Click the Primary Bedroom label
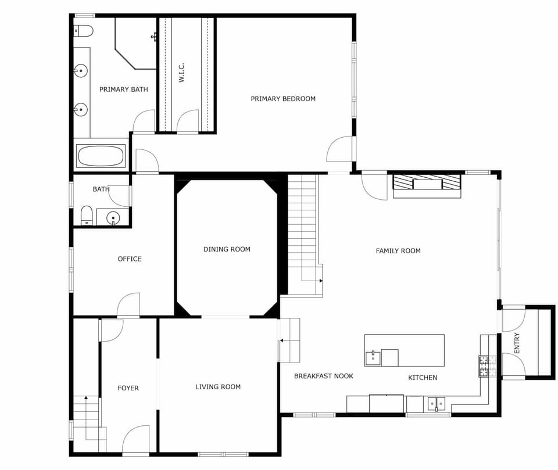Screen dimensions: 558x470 283,99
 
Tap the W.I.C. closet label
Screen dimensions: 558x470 181,73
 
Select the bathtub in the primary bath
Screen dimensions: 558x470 101,156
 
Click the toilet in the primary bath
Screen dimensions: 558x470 84,31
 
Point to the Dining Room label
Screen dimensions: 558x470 227,249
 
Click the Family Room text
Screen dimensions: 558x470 398,251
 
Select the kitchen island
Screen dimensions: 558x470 405,350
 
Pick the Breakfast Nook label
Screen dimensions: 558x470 324,376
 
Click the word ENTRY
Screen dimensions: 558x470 517,343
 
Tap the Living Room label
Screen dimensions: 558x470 218,387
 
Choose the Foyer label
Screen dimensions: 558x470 128,388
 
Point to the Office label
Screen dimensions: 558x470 130,259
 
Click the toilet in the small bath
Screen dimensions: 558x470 87,216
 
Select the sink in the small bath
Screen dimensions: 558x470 113,217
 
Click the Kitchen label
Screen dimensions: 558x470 423,378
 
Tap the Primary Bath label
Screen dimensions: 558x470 123,89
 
